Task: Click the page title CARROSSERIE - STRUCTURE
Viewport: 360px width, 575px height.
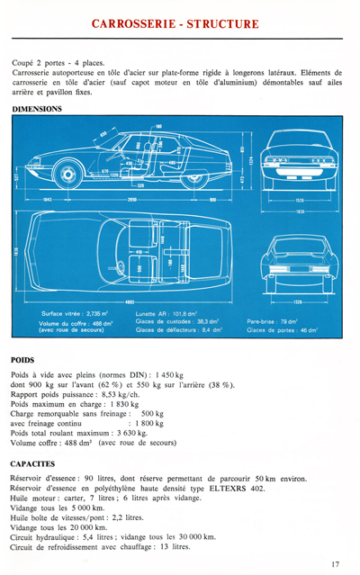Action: click(x=179, y=22)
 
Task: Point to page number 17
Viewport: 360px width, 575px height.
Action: click(x=335, y=565)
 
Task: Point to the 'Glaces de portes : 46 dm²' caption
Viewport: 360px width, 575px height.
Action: click(x=283, y=330)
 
